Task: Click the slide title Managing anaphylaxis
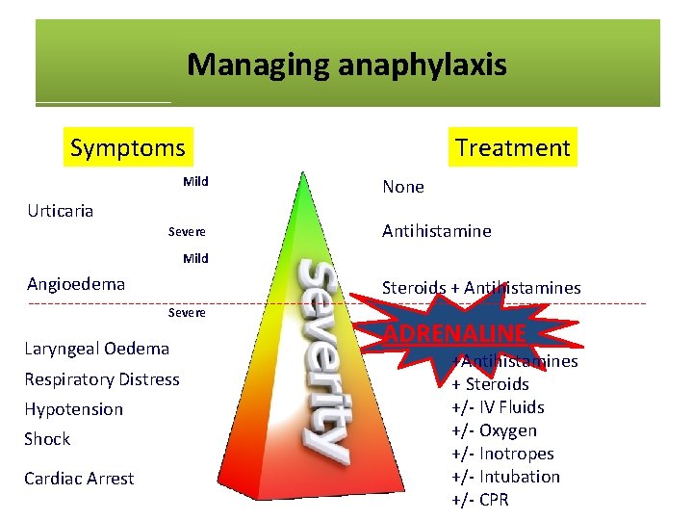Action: (x=346, y=65)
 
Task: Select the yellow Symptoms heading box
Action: (x=128, y=147)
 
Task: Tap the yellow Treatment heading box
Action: (x=513, y=147)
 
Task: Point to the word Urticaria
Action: (x=61, y=210)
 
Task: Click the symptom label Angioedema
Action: (x=76, y=283)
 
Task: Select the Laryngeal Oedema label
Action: (x=97, y=349)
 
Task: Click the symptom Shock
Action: (x=48, y=439)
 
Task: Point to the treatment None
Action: (x=402, y=187)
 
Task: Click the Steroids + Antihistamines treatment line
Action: (x=481, y=287)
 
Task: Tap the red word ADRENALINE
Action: (x=454, y=333)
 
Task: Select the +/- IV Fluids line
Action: (x=498, y=407)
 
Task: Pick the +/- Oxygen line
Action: (x=494, y=430)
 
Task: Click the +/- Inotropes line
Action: (x=502, y=454)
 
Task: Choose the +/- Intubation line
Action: (x=505, y=477)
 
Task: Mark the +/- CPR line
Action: (x=480, y=500)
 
